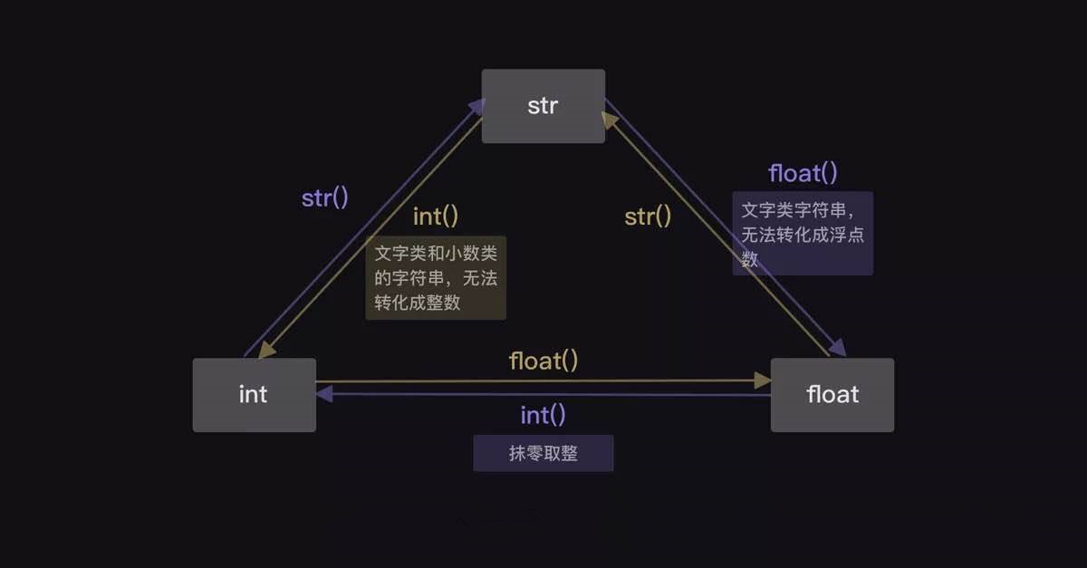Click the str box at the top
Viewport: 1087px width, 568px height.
[x=543, y=106]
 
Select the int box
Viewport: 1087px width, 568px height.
[x=254, y=395]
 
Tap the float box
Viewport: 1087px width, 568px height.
[x=832, y=395]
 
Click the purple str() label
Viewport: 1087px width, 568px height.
[x=324, y=198]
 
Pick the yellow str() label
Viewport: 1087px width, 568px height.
[x=648, y=217]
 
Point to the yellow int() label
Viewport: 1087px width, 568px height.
[x=436, y=217]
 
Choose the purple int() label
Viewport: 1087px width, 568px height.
[x=543, y=416]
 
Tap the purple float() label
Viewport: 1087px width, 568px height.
[x=803, y=173]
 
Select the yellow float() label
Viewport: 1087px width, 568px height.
[x=543, y=361]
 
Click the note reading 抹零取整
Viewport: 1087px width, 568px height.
[x=543, y=454]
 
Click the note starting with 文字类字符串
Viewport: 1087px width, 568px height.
[x=803, y=234]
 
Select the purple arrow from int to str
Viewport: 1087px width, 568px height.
[x=362, y=231]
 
